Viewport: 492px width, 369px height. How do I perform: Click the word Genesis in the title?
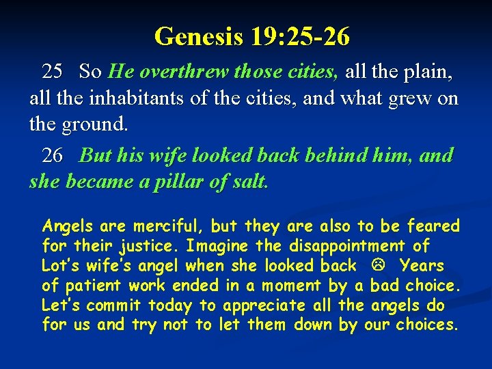(198, 36)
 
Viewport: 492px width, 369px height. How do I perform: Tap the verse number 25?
(53, 71)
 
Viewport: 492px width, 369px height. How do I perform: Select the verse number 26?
(53, 156)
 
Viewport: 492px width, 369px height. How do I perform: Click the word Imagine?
(213, 245)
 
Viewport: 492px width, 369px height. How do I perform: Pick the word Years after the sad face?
(422, 265)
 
